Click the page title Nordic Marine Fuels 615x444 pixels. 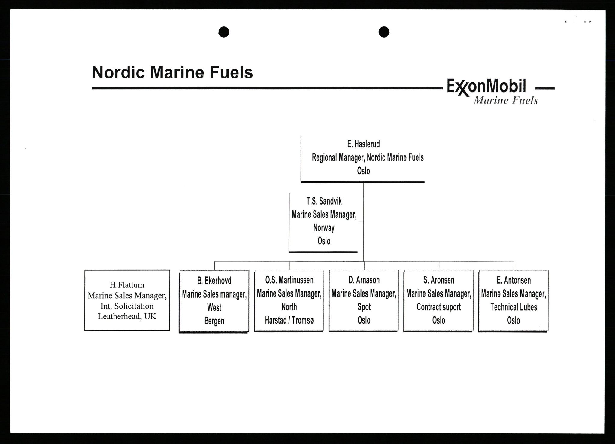click(x=172, y=72)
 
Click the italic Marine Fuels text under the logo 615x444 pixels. click(x=506, y=101)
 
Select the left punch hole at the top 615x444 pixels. click(x=224, y=32)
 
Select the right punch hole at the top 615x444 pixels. click(x=384, y=32)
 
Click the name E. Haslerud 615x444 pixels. click(x=363, y=144)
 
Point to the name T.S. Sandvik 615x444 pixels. click(x=324, y=201)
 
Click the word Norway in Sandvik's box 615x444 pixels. click(x=324, y=228)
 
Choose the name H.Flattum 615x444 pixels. click(x=127, y=285)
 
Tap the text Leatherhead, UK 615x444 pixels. click(x=127, y=316)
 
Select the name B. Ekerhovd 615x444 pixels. click(x=214, y=281)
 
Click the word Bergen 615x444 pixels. click(x=214, y=321)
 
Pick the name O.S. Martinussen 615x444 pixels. click(x=289, y=280)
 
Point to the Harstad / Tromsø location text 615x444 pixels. click(x=289, y=320)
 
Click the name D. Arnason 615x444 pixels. click(x=364, y=280)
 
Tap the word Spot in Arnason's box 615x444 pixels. click(x=364, y=307)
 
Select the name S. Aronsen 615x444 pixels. click(x=439, y=280)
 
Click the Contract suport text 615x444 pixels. click(x=439, y=307)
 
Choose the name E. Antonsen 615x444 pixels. click(x=514, y=280)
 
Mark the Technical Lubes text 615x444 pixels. click(x=514, y=307)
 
